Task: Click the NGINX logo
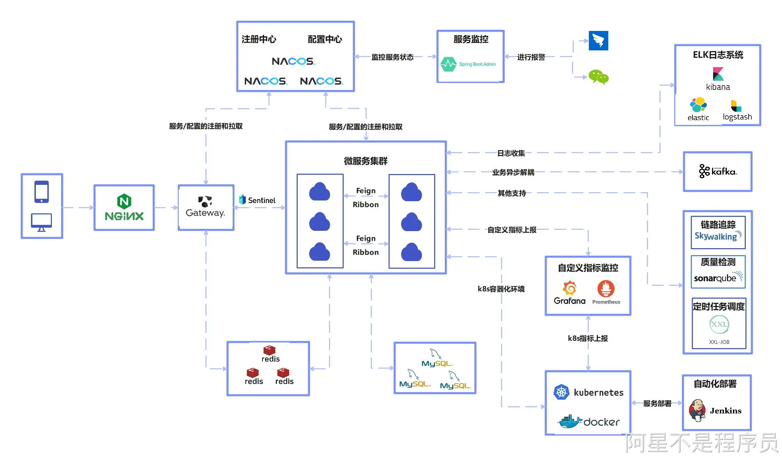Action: [124, 207]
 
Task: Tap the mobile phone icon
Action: [41, 191]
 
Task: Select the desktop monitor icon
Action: [41, 222]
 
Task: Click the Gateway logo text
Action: [205, 213]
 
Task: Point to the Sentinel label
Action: [261, 200]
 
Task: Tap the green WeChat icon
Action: [599, 77]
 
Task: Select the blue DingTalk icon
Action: [599, 40]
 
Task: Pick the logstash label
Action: [737, 117]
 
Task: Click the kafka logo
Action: [718, 171]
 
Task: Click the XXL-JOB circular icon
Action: [719, 324]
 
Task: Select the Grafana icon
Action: [570, 288]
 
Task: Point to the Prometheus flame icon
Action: [606, 289]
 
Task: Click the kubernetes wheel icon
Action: [561, 392]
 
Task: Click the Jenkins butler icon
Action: [697, 410]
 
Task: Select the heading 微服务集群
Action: [366, 161]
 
